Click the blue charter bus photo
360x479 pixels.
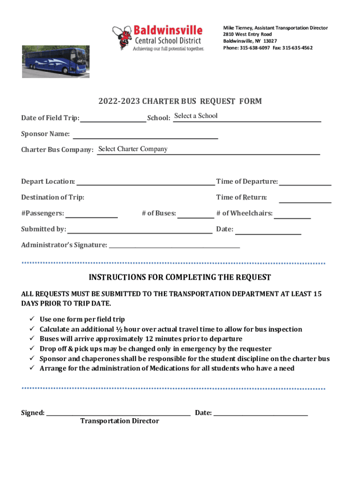tap(56, 61)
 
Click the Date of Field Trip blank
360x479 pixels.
tap(113, 118)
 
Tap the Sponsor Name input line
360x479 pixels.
tap(145, 135)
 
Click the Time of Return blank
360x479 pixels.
tap(305, 198)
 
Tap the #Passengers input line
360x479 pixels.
tap(92, 214)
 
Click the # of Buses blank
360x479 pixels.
tap(195, 214)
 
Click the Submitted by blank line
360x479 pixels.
tap(139, 229)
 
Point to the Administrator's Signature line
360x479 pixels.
tap(174, 245)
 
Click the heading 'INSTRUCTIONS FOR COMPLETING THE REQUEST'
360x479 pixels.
tap(180, 277)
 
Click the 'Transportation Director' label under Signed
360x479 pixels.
tap(120, 421)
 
